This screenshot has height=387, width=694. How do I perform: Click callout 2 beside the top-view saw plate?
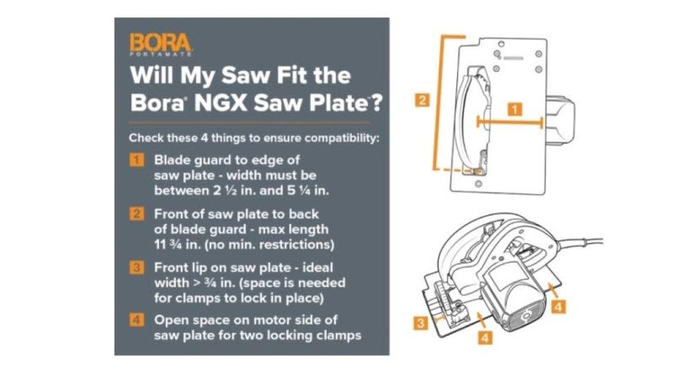pyautogui.click(x=422, y=100)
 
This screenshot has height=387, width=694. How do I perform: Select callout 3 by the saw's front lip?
pyautogui.click(x=421, y=322)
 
